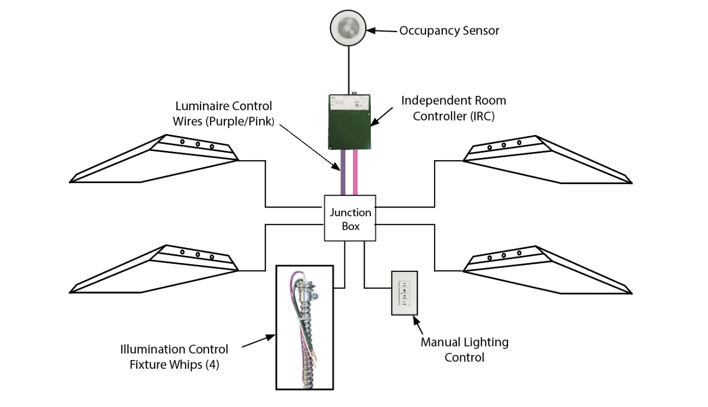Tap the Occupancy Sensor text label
tap(449, 31)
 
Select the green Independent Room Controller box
tap(349, 122)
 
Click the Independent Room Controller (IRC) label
tap(453, 108)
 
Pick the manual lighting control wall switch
tap(404, 293)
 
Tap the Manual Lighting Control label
tap(464, 350)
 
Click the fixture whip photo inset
tap(304, 327)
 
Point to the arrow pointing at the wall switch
tap(418, 326)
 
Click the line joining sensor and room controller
tap(350, 71)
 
